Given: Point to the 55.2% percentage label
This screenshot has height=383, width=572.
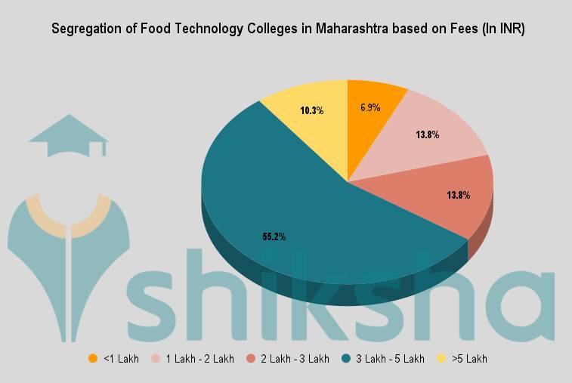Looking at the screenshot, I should tap(274, 236).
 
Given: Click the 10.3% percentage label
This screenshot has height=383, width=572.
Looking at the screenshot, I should tap(311, 110).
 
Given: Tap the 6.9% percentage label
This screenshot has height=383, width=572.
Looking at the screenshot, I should tap(370, 107).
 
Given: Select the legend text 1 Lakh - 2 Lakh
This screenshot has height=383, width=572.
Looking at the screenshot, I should tap(200, 358).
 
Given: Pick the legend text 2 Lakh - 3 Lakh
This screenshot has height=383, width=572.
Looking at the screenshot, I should tap(295, 358).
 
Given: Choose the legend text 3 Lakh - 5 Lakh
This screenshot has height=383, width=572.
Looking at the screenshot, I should tap(390, 358).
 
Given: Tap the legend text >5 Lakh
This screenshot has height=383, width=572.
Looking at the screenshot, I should tap(470, 358).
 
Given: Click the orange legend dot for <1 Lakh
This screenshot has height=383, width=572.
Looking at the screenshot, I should tap(93, 358).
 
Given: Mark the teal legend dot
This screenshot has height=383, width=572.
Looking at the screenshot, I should tap(345, 358).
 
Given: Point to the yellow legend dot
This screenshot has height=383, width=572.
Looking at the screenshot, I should tap(441, 358).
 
